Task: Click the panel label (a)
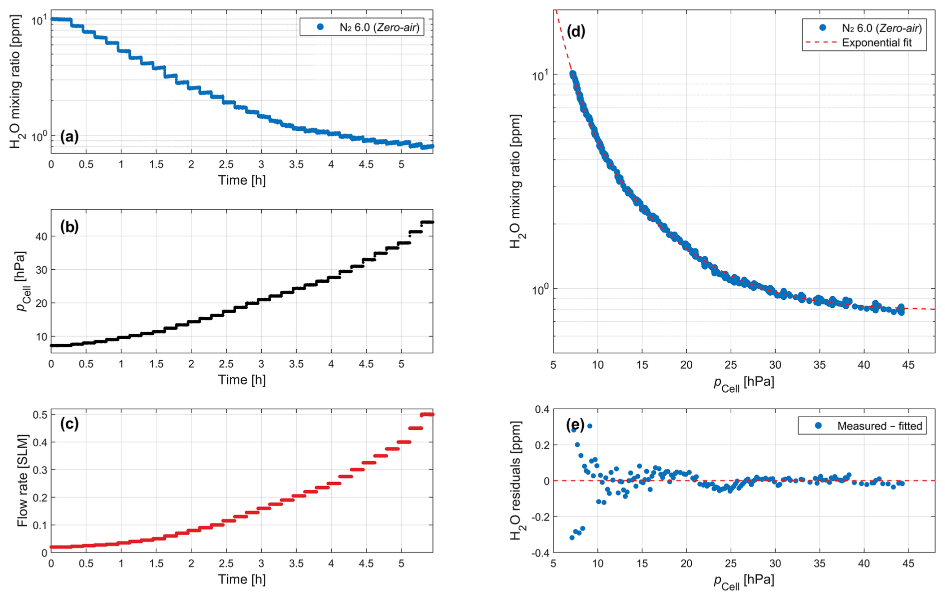(x=69, y=136)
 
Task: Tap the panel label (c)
(x=69, y=424)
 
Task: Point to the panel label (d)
(x=576, y=31)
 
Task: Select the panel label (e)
(x=575, y=425)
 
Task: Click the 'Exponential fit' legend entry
(x=877, y=43)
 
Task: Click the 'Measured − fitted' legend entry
(x=880, y=426)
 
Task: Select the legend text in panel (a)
(x=379, y=27)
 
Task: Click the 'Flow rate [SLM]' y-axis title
(x=22, y=481)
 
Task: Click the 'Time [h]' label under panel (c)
(x=242, y=580)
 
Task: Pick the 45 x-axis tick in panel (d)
(x=908, y=365)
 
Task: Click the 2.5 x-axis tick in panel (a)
(x=226, y=165)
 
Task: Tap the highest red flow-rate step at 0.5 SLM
(x=427, y=415)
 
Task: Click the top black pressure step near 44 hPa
(x=427, y=222)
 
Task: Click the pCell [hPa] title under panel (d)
(x=744, y=384)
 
